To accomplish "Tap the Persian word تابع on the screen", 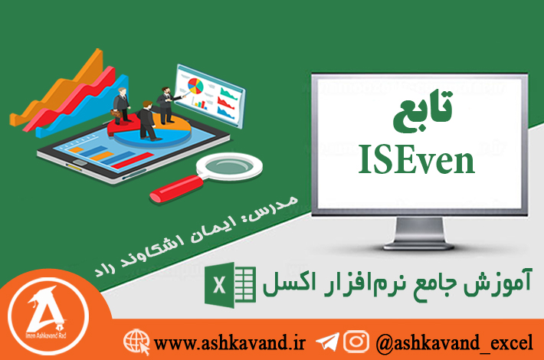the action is pyautogui.click(x=423, y=110).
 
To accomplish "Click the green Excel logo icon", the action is pyautogui.click(x=231, y=285).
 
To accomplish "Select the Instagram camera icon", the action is pyautogui.click(x=356, y=342).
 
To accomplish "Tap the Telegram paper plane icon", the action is pyautogui.click(x=327, y=342).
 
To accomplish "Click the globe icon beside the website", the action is pyautogui.click(x=136, y=342).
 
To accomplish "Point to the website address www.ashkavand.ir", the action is pyautogui.click(x=229, y=342).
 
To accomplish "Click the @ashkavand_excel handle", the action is pyautogui.click(x=454, y=342).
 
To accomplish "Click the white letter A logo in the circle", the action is pyautogui.click(x=48, y=313).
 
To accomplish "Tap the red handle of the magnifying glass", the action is pyautogui.click(x=176, y=188).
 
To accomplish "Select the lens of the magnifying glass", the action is pyautogui.click(x=229, y=166).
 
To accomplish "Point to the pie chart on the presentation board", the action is pyautogui.click(x=195, y=86).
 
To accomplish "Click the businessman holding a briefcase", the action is pyautogui.click(x=120, y=106).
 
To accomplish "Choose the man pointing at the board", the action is pyautogui.click(x=167, y=105).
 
